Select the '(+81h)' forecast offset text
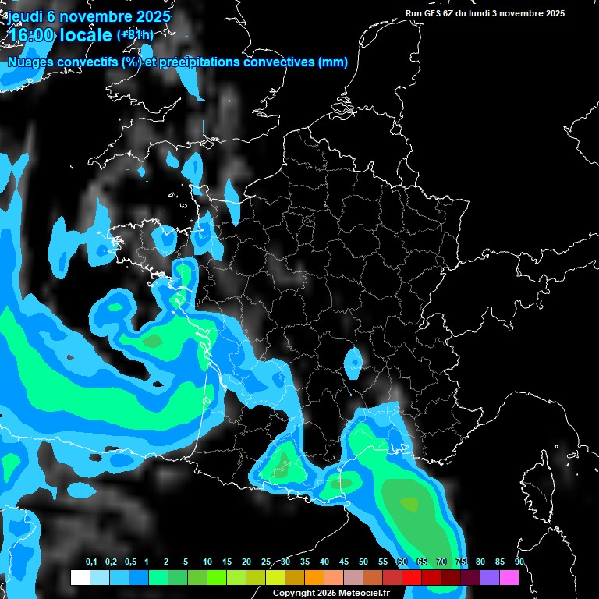click(x=135, y=35)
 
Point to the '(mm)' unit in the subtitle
click(x=333, y=62)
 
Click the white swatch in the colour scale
click(x=80, y=578)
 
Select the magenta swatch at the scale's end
click(x=509, y=578)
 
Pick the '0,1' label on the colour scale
click(x=90, y=562)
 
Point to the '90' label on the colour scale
click(x=519, y=562)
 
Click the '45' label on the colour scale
click(x=344, y=562)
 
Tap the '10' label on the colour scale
click(x=207, y=562)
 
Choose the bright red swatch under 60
click(x=411, y=578)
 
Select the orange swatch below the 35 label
click(x=314, y=578)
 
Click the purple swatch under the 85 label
click(x=489, y=578)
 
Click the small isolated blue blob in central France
click(x=353, y=361)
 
